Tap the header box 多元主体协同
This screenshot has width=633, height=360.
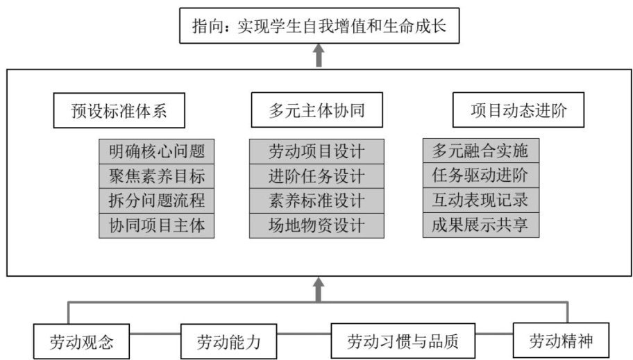316,110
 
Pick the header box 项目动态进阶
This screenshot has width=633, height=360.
517,110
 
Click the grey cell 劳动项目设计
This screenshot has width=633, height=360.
316,151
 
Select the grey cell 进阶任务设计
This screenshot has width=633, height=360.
316,175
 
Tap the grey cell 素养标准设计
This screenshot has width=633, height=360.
316,200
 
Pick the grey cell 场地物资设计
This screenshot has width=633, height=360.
316,225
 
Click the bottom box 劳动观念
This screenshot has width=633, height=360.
81,342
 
